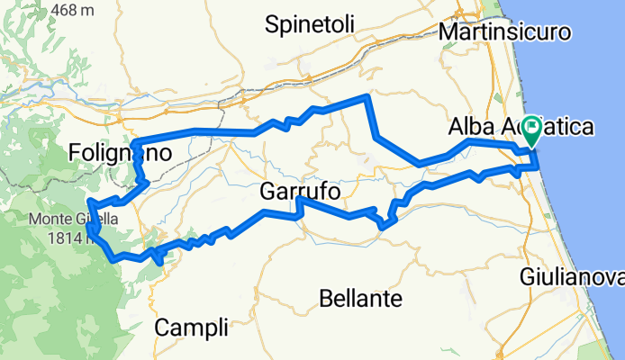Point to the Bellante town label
coord(360,297)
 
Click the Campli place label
coord(191,328)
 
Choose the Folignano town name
coord(119,155)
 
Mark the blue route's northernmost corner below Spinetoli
coord(366,95)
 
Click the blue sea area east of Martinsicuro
coord(585,72)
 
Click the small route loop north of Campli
coord(158,256)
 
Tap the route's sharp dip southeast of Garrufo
coord(383,225)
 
